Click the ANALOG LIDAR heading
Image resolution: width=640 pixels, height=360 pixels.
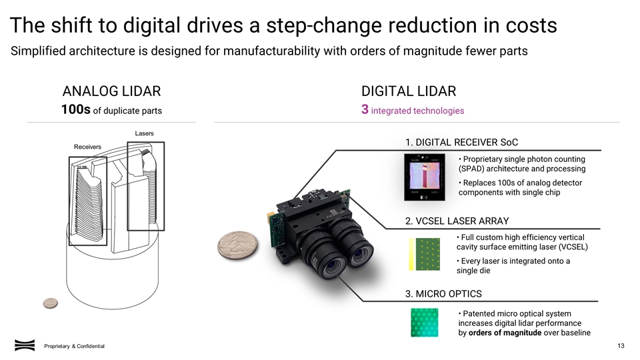coord(111,92)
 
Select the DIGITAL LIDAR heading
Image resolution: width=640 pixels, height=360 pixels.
coord(409,92)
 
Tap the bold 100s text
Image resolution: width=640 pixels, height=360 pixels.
coord(75,110)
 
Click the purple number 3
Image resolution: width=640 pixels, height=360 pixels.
coord(364,110)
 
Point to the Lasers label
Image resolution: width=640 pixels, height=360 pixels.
coord(145,133)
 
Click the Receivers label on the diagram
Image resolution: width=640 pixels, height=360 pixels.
coord(87,147)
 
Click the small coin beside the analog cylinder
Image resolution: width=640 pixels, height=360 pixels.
coord(50,303)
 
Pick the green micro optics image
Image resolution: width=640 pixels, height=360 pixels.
coord(425,323)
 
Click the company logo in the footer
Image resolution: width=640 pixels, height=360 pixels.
coord(24,345)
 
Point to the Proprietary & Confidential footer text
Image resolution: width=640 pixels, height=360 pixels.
coord(74,346)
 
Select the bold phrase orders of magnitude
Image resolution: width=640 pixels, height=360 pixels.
coord(505,333)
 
